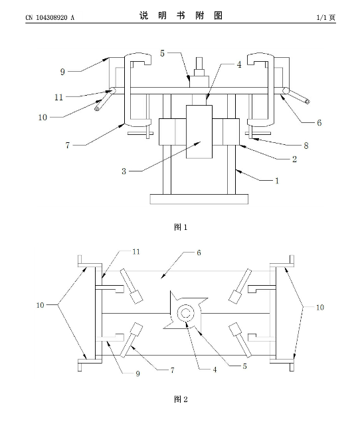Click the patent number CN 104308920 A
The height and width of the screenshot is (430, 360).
coord(50,17)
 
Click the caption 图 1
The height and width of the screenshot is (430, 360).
coord(181,227)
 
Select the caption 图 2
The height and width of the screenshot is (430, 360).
coord(181,399)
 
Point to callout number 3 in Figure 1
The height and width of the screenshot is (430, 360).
coord(124,171)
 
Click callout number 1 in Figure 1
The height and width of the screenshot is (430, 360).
coord(277,181)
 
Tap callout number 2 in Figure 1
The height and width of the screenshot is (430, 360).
coord(294,159)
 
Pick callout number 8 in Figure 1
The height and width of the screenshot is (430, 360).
coord(306,146)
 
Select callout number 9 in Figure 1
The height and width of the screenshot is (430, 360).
coord(62,72)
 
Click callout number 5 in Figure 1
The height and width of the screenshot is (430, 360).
coord(163,53)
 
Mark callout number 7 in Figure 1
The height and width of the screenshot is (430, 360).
coord(68,146)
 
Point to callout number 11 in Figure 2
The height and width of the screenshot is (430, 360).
coord(136,251)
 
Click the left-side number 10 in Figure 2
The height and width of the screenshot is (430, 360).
coord(40,305)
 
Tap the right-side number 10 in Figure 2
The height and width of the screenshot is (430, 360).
coord(320,308)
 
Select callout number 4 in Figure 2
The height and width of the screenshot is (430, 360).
coord(215,370)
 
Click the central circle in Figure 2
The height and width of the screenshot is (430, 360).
coord(186,313)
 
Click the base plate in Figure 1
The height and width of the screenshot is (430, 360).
coord(199,199)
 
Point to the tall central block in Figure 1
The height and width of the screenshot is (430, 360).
coord(199,132)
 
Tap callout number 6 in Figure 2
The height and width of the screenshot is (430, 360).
coord(199,253)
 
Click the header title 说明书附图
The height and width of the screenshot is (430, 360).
coord(181,16)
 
